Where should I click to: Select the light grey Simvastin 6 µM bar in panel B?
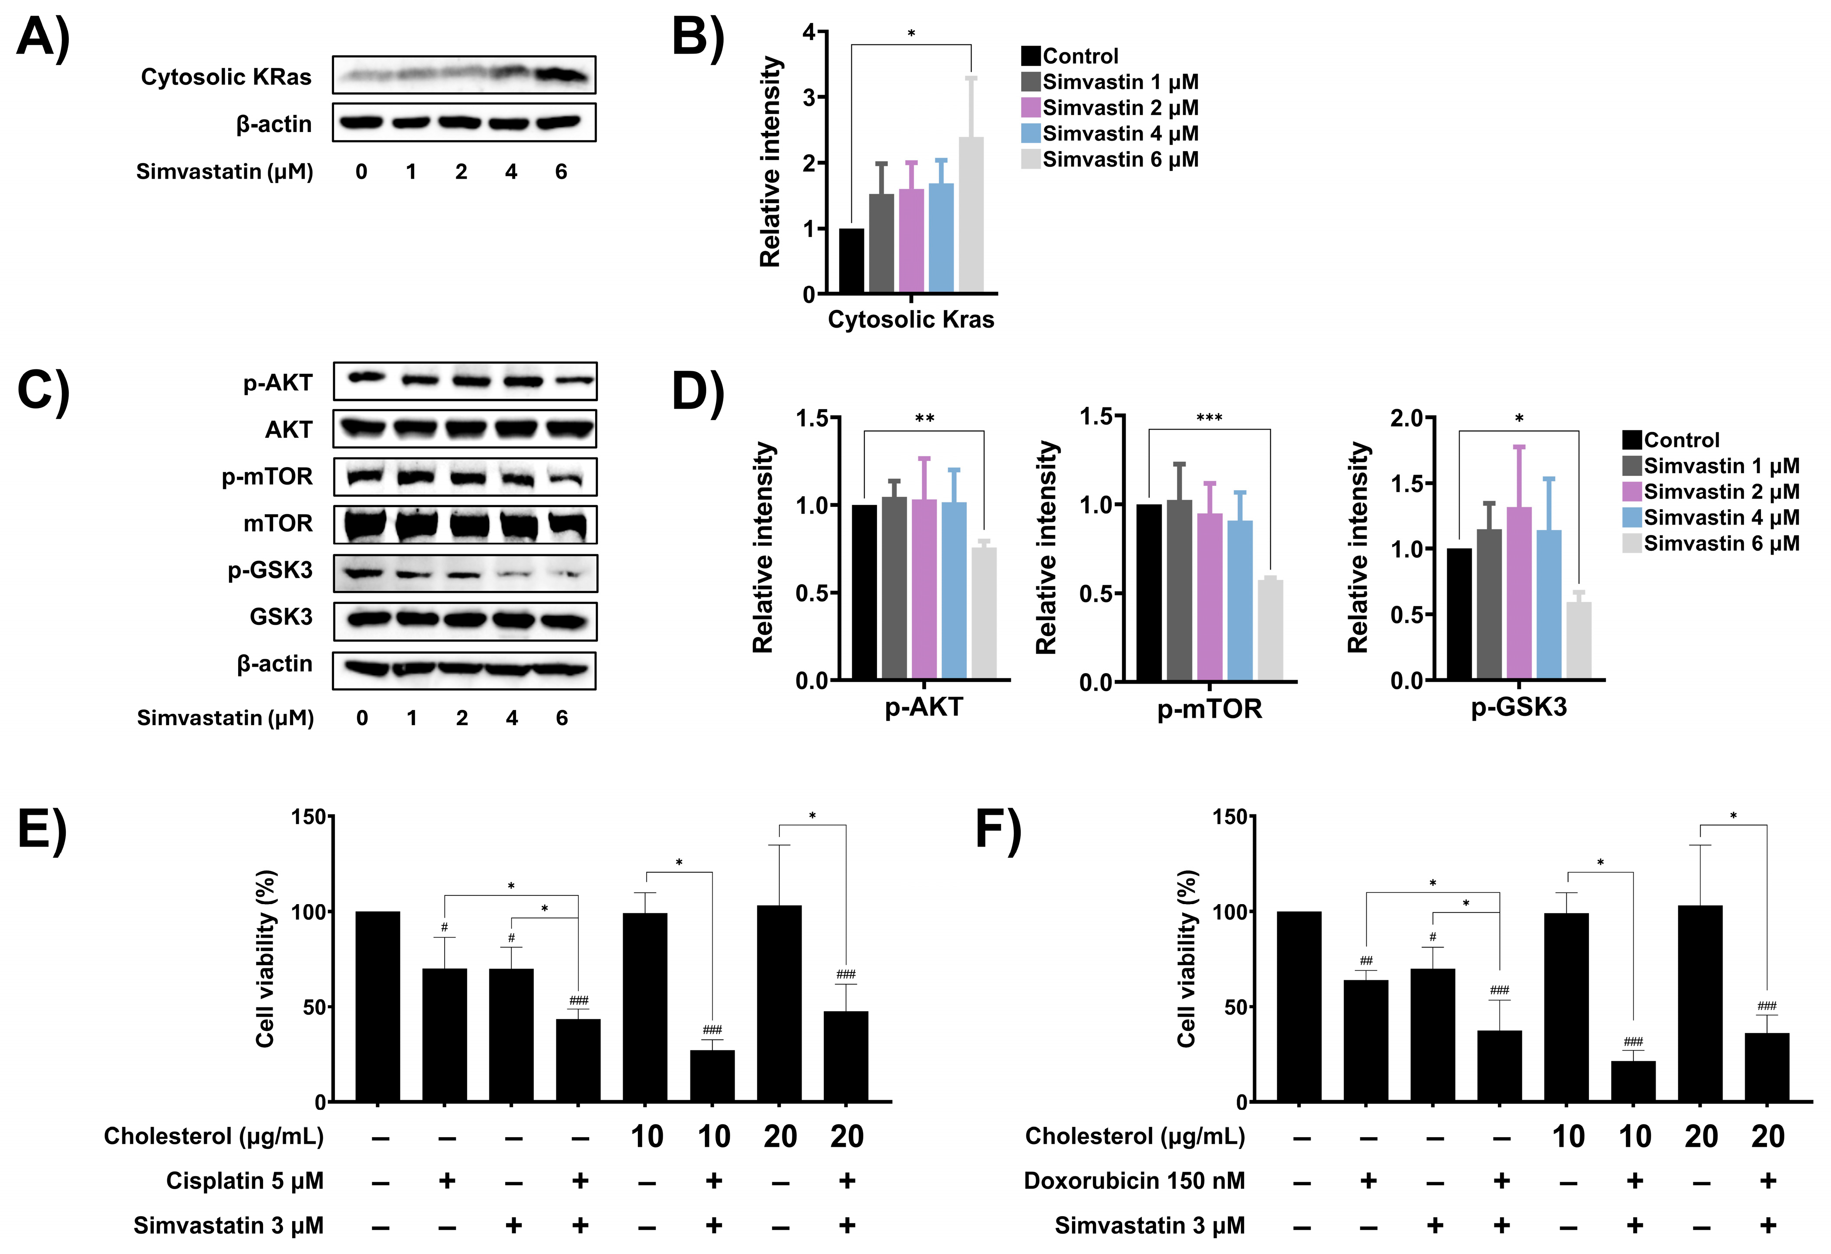coord(971,215)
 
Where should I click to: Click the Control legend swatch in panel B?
coord(1031,56)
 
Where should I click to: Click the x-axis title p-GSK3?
coord(1518,707)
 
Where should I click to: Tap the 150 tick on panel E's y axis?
coord(309,817)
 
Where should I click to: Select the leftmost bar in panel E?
coord(378,1007)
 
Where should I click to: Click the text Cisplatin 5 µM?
coord(244,1181)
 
